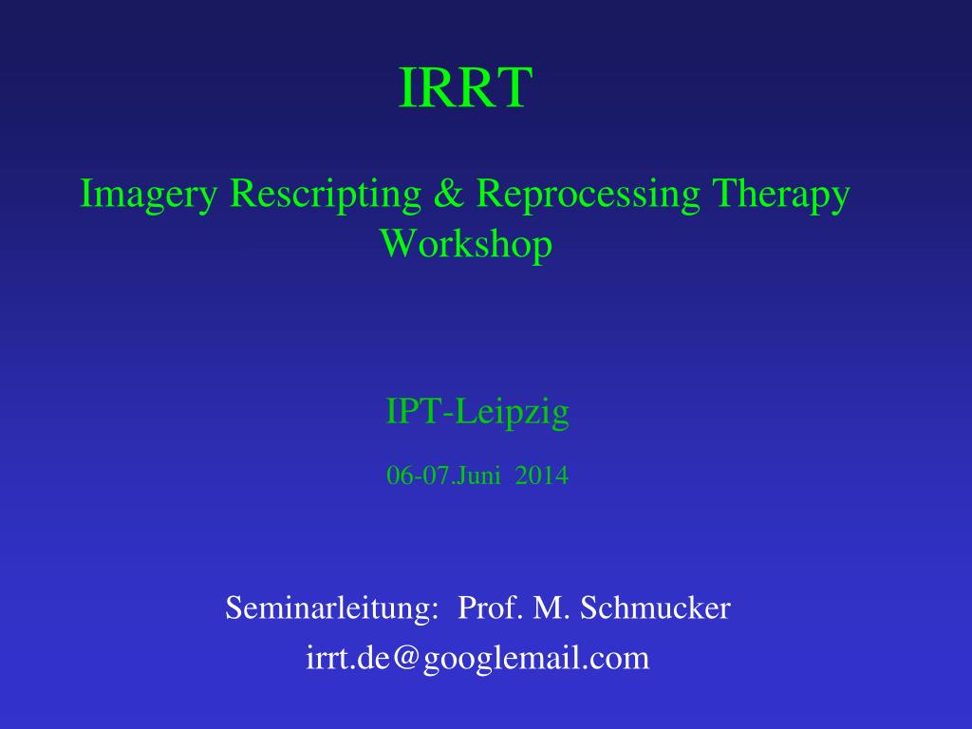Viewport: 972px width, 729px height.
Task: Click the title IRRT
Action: tap(463, 88)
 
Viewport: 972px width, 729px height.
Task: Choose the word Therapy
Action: tap(780, 195)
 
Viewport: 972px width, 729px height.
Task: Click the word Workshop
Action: tap(466, 244)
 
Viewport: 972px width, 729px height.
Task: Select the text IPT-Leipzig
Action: tap(477, 412)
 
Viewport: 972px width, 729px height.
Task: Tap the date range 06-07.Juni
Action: tap(444, 476)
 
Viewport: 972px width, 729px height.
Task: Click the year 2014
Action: tap(542, 476)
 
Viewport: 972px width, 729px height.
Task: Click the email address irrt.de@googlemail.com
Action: tap(477, 658)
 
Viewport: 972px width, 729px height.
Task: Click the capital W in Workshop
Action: tap(397, 244)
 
